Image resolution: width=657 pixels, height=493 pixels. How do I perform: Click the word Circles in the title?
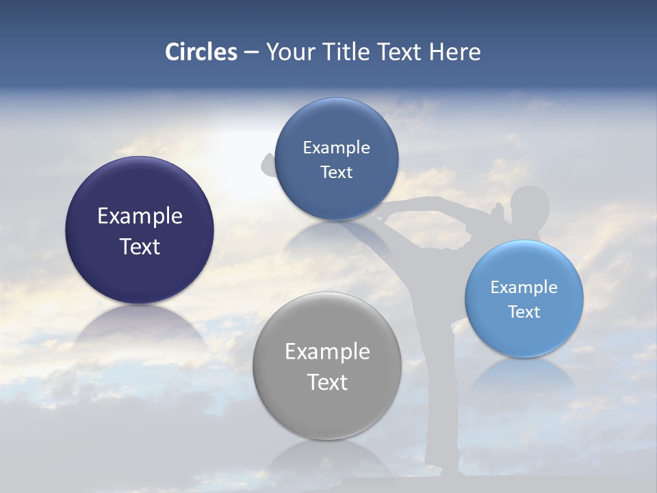coord(201,52)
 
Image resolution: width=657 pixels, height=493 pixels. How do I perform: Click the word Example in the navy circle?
coord(140,216)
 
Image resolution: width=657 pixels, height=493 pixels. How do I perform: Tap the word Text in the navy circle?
coord(140,246)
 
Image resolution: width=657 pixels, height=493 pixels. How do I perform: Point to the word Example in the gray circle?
coord(327,352)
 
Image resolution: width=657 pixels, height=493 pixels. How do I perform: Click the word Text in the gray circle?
coord(327,382)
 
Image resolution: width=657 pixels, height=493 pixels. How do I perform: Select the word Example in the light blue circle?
coord(524,288)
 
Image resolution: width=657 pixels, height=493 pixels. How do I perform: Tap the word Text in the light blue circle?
coord(524,312)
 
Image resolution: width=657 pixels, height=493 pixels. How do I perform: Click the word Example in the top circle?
coord(337,148)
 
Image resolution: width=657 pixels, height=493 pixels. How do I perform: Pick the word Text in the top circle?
coord(337,173)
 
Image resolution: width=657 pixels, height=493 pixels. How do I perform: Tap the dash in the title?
coord(251,53)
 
